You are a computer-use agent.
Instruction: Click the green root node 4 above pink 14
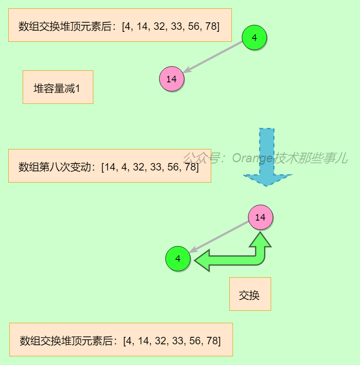(x=254, y=38)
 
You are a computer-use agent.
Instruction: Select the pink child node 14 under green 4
(x=172, y=79)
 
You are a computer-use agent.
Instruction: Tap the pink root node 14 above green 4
(x=260, y=217)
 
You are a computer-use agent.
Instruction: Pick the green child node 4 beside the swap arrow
(x=178, y=259)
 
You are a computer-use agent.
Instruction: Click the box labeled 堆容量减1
(x=58, y=87)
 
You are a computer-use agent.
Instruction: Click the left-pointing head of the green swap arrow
(x=203, y=261)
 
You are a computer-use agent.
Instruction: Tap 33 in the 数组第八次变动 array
(x=156, y=167)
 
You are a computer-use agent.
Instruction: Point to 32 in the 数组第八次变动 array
(x=139, y=167)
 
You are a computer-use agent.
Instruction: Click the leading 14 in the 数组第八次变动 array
(x=111, y=167)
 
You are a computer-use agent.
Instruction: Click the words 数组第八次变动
(x=56, y=167)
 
